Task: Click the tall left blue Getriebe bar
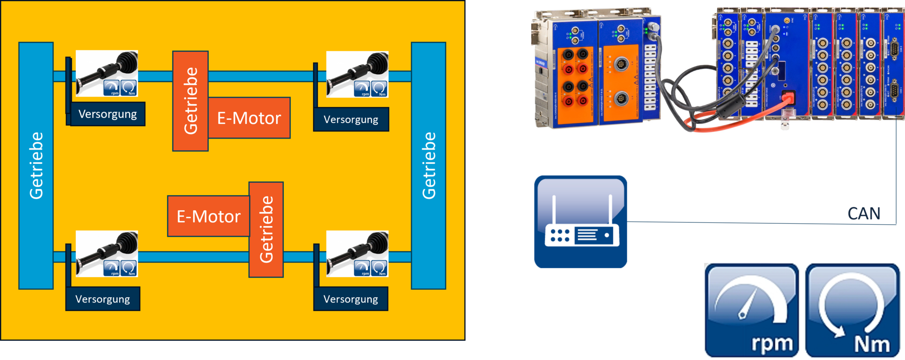tap(36, 165)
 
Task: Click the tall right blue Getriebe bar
tap(428, 165)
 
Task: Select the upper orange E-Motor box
tap(249, 118)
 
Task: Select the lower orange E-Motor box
tap(208, 216)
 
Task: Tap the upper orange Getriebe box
tap(190, 101)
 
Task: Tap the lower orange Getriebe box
tap(266, 229)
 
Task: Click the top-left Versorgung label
tap(107, 115)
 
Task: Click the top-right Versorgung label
tap(351, 120)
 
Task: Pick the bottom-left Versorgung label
tap(103, 299)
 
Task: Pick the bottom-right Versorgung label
tap(351, 299)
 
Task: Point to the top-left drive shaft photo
tap(107, 73)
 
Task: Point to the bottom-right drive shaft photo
tap(357, 253)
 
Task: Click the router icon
tap(580, 222)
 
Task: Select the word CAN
tap(864, 214)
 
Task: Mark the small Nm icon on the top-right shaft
tap(379, 89)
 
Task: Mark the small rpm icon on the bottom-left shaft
tap(112, 268)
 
